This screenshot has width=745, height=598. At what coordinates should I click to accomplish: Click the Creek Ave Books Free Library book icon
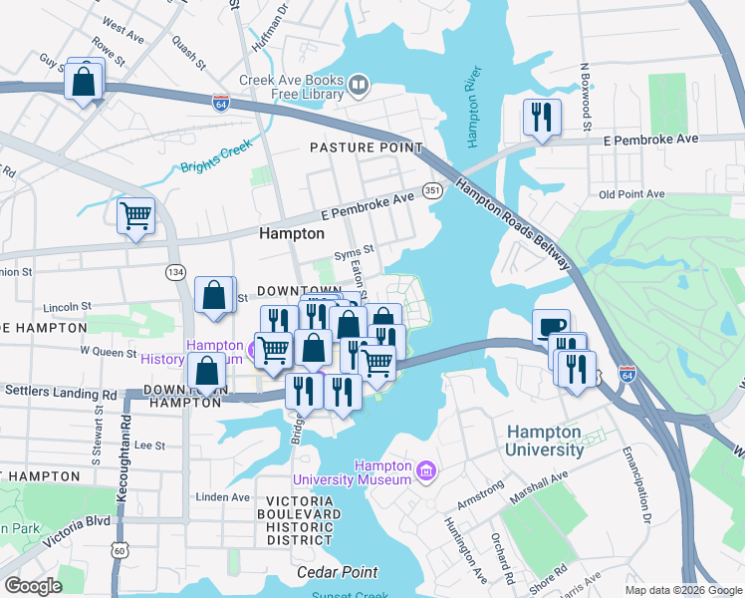pyautogui.click(x=359, y=88)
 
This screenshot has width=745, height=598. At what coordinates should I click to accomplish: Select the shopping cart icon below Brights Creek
pyautogui.click(x=135, y=215)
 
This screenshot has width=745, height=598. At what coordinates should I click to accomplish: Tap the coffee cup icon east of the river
pyautogui.click(x=551, y=327)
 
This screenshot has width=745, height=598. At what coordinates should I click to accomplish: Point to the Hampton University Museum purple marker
pyautogui.click(x=425, y=469)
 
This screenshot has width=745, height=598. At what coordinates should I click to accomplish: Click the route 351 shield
pyautogui.click(x=432, y=190)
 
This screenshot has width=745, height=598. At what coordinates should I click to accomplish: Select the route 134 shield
pyautogui.click(x=174, y=271)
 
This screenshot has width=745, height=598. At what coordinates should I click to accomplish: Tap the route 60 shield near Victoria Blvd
pyautogui.click(x=120, y=549)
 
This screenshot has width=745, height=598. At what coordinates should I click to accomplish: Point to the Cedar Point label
pyautogui.click(x=338, y=572)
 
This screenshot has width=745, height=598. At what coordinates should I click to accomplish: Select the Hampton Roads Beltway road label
pyautogui.click(x=514, y=223)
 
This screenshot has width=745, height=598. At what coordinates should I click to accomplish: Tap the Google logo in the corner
pyautogui.click(x=33, y=585)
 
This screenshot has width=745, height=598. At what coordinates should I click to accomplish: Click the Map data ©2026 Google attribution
pyautogui.click(x=682, y=590)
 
